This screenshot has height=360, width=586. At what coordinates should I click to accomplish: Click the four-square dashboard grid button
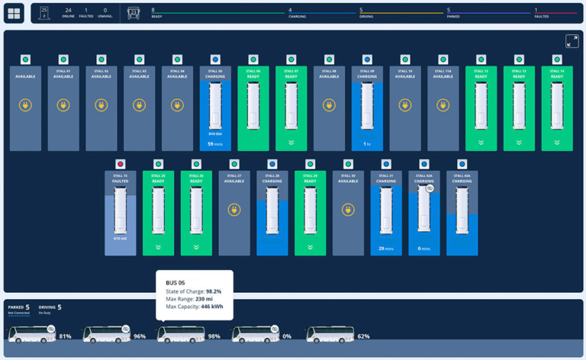tap(14, 13)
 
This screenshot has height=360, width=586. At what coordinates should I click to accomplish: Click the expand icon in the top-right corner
tap(572, 41)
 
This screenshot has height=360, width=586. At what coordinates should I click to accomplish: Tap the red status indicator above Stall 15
tap(120, 164)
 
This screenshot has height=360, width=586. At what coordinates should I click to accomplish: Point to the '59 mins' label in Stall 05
tap(215, 143)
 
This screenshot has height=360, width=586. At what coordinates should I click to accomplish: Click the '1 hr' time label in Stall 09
tap(367, 143)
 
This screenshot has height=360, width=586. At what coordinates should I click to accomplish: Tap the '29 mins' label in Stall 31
tap(386, 249)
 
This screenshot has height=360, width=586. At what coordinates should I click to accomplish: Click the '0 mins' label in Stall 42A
tap(423, 249)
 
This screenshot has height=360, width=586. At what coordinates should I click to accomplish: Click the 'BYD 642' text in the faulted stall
tap(120, 239)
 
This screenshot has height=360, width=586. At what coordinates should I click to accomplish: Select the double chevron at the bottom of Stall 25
tap(158, 247)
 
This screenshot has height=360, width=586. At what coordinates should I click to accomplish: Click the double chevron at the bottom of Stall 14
tap(556, 142)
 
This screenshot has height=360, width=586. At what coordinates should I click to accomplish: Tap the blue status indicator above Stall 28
tap(272, 164)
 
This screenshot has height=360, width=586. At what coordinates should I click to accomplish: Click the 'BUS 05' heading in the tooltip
tap(175, 282)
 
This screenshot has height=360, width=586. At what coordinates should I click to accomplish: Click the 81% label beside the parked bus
tap(65, 336)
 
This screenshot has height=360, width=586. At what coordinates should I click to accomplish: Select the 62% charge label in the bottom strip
tap(363, 336)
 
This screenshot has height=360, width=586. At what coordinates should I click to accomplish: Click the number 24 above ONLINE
tap(68, 10)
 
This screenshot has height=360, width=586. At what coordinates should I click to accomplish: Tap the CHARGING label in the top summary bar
tap(298, 16)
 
